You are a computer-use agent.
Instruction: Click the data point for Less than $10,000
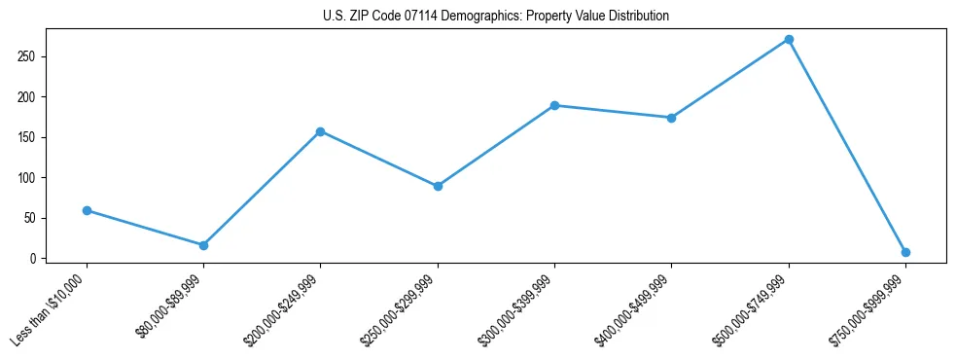tap(87, 210)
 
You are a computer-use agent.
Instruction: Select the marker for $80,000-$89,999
tap(203, 245)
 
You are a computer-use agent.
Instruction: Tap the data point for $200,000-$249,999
tap(320, 131)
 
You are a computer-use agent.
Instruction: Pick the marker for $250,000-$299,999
tap(438, 186)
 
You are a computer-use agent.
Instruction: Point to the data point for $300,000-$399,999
tap(554, 105)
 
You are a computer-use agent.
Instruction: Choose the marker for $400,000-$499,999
tap(671, 118)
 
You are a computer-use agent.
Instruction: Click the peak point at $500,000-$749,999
tap(789, 40)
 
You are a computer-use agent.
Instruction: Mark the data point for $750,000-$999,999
tap(905, 252)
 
